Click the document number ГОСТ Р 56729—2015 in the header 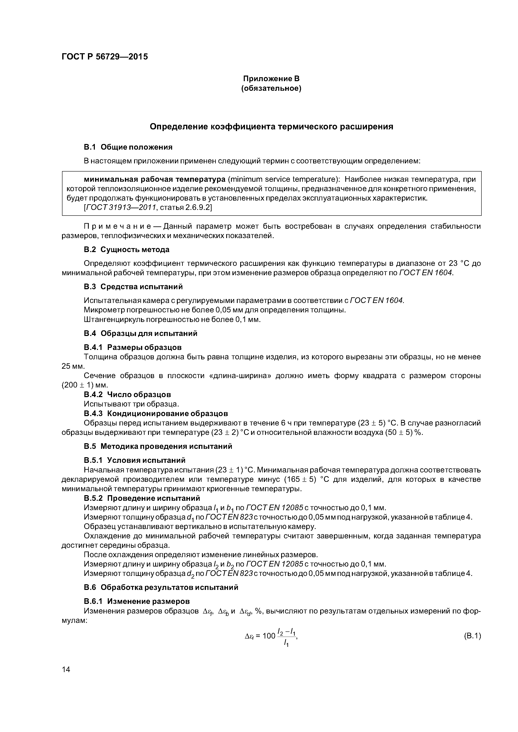[105, 57]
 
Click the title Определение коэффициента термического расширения [271, 127]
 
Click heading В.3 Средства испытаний [133, 287]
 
